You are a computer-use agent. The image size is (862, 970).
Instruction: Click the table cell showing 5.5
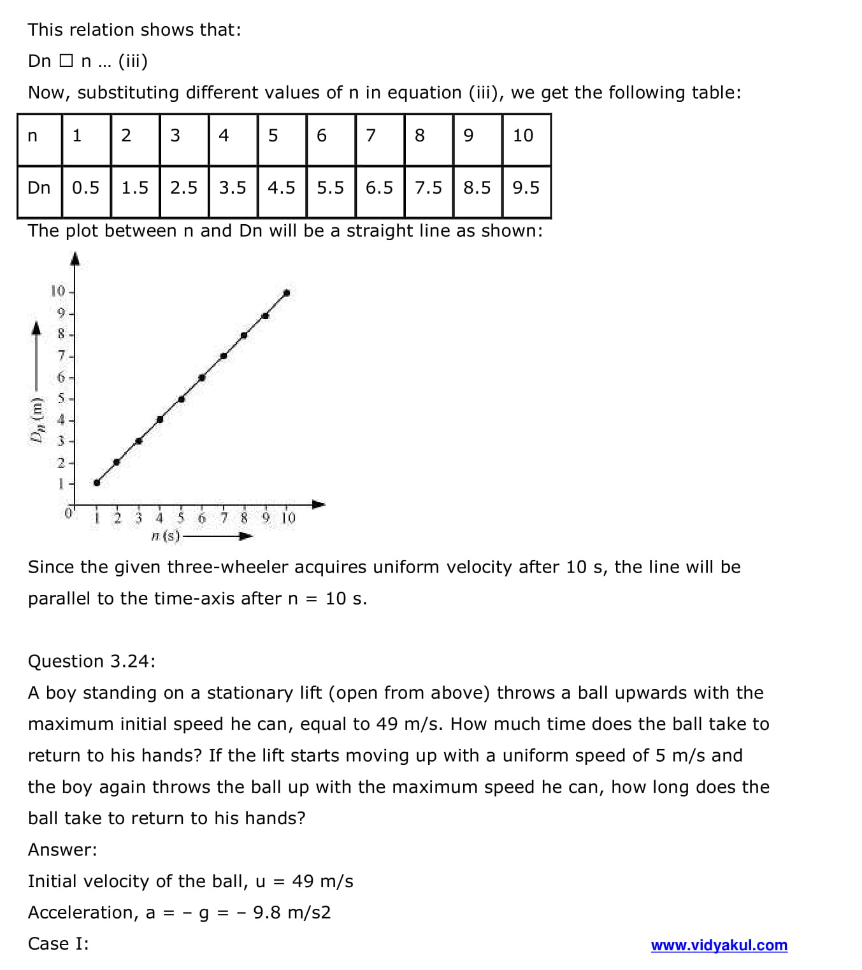(x=330, y=188)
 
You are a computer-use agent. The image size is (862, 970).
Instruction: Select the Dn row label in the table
(x=39, y=188)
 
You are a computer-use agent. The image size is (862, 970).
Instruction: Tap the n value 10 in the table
(x=523, y=136)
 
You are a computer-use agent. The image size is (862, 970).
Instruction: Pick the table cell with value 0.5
(x=85, y=188)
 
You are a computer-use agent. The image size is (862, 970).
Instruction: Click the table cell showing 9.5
(x=526, y=188)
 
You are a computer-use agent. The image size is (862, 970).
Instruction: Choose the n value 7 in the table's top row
(x=371, y=136)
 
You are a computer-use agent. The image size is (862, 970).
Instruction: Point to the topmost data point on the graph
(x=287, y=293)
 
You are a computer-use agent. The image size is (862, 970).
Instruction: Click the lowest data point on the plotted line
(x=97, y=483)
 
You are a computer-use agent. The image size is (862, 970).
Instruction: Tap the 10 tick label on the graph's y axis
(x=58, y=292)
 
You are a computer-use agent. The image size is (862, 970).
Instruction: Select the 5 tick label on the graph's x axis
(x=181, y=518)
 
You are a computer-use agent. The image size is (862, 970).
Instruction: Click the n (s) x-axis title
(x=166, y=536)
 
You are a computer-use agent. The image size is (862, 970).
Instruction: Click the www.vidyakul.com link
(x=719, y=945)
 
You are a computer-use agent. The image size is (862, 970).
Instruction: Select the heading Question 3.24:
(x=92, y=661)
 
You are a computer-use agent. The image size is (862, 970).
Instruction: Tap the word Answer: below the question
(x=62, y=850)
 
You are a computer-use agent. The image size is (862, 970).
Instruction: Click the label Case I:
(x=59, y=944)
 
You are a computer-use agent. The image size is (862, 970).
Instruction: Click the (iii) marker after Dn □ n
(x=133, y=61)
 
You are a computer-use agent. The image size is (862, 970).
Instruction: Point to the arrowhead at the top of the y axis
(x=75, y=259)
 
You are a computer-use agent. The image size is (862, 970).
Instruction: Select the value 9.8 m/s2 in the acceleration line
(x=292, y=913)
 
